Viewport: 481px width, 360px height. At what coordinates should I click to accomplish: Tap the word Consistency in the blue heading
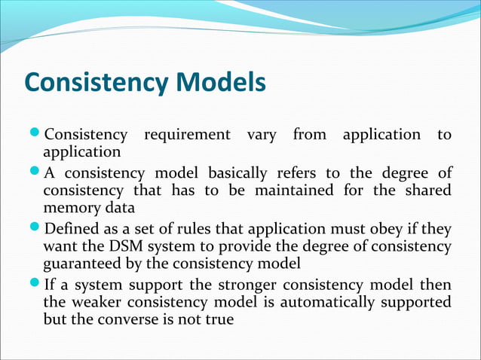click(97, 84)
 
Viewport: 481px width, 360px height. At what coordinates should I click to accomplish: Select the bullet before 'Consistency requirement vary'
click(37, 136)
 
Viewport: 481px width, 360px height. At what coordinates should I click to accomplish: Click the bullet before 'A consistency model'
click(37, 175)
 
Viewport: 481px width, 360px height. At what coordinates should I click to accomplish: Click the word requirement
click(187, 136)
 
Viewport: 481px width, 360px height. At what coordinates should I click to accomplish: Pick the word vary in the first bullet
click(261, 135)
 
